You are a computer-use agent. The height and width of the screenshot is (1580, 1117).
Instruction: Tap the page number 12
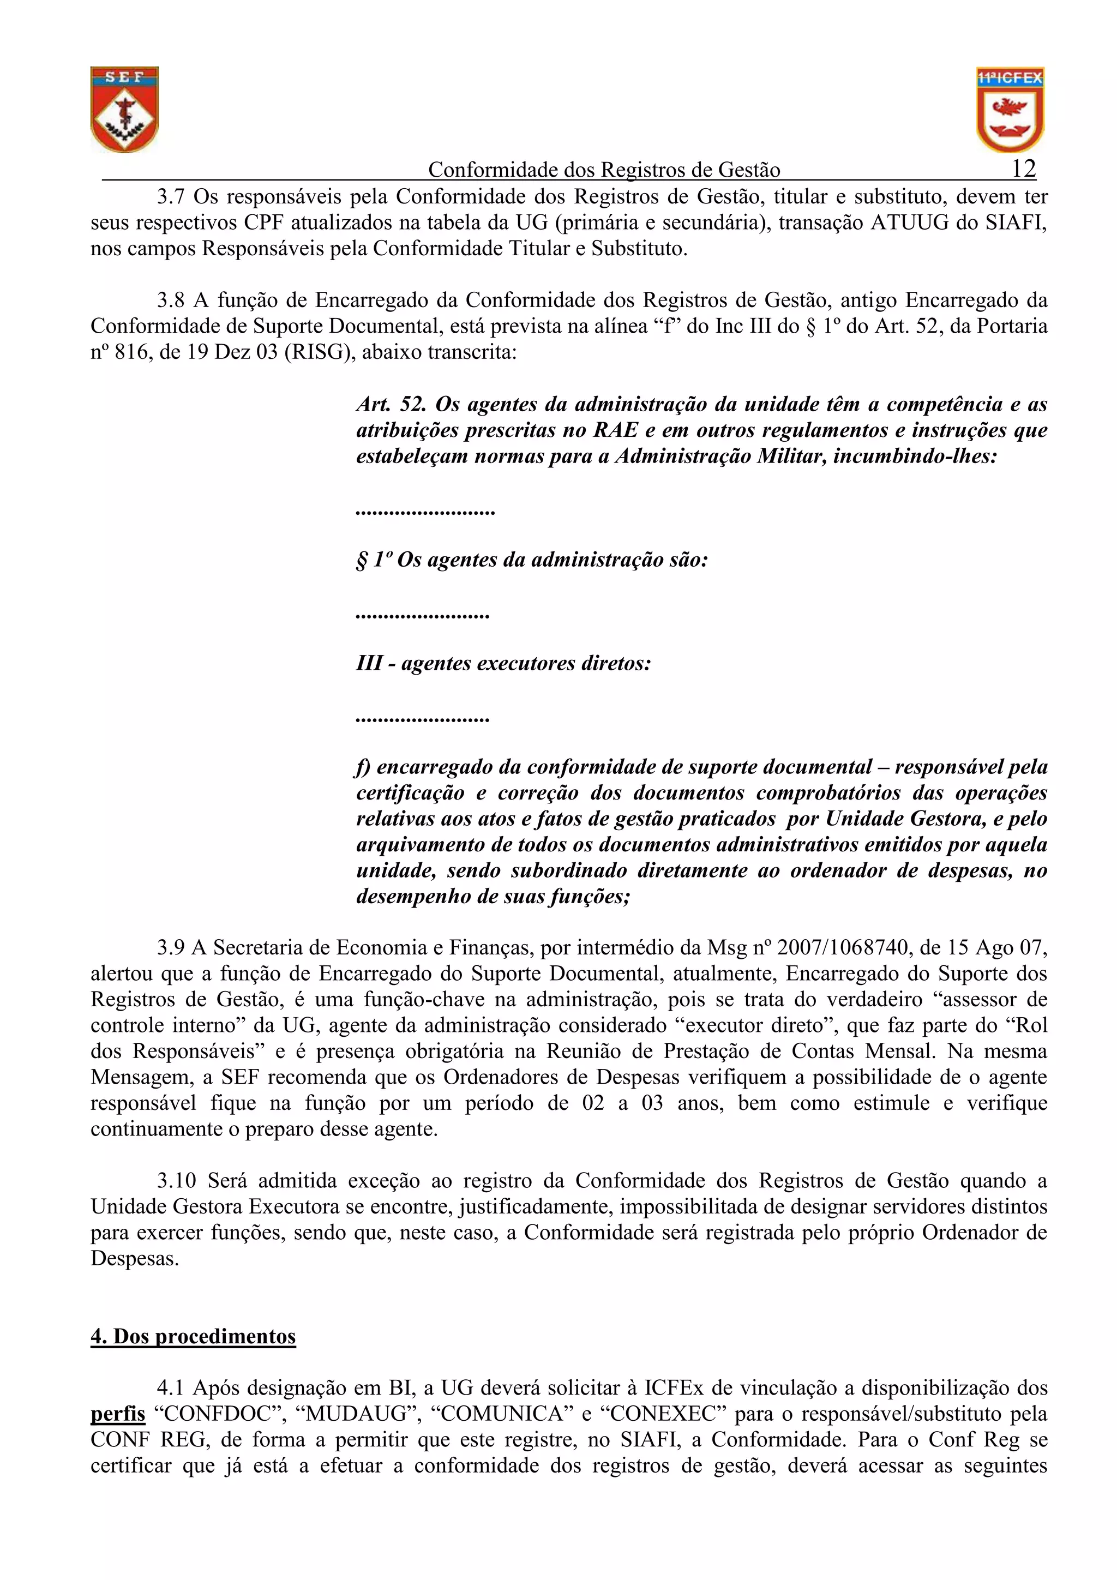click(1023, 168)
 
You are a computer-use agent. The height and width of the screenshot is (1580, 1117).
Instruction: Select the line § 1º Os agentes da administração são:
click(531, 560)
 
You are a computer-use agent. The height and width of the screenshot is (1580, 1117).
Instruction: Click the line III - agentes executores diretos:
click(503, 663)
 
